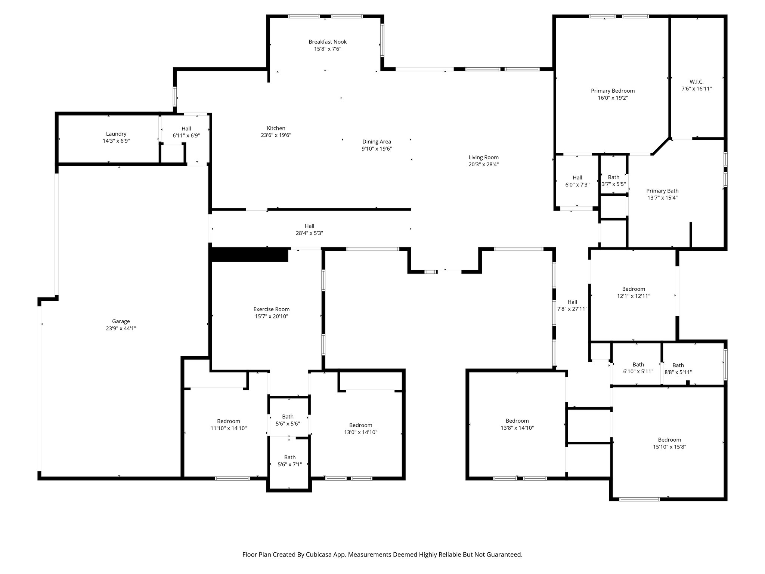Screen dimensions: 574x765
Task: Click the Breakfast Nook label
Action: click(327, 42)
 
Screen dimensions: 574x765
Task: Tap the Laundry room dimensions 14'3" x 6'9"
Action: click(116, 141)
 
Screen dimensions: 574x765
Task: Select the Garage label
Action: click(121, 321)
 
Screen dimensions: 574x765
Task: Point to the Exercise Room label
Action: click(271, 309)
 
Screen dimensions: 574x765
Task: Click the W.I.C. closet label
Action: click(696, 81)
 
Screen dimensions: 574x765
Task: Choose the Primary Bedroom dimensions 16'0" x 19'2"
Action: click(613, 98)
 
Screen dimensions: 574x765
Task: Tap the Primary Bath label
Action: click(662, 191)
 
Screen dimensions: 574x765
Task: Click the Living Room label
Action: click(483, 157)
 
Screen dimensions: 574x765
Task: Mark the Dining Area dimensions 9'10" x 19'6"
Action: click(377, 149)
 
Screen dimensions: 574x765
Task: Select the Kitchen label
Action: click(276, 128)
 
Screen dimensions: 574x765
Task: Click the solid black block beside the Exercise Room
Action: click(249, 254)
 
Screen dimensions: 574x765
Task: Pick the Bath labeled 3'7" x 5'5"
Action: click(613, 181)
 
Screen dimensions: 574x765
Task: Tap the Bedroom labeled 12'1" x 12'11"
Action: click(633, 292)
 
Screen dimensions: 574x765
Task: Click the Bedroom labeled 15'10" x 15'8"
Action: click(669, 443)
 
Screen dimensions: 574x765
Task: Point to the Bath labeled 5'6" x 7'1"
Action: click(289, 461)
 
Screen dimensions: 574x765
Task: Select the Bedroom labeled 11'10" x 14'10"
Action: click(228, 425)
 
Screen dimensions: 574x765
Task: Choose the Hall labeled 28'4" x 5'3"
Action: click(309, 229)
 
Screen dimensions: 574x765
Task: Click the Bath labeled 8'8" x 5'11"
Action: click(678, 369)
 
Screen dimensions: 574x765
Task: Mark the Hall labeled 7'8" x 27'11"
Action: click(572, 305)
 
